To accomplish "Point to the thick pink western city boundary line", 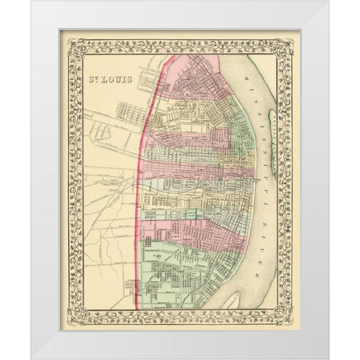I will coord(142,187).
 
